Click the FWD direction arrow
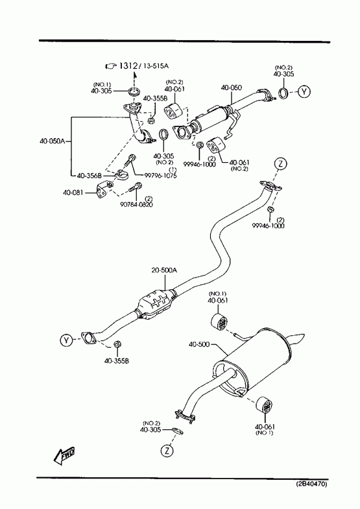(64, 455)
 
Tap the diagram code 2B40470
(311, 484)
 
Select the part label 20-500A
(164, 270)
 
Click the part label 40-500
(199, 344)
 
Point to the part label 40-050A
(53, 141)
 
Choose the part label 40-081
(73, 193)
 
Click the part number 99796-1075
(160, 176)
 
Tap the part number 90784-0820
(136, 204)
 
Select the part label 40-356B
(90, 175)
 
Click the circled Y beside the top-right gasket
(304, 91)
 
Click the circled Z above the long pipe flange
(281, 163)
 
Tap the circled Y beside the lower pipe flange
(66, 340)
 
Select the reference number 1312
(128, 66)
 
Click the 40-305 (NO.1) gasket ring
(134, 92)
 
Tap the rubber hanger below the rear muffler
(264, 405)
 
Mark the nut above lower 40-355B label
(117, 344)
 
